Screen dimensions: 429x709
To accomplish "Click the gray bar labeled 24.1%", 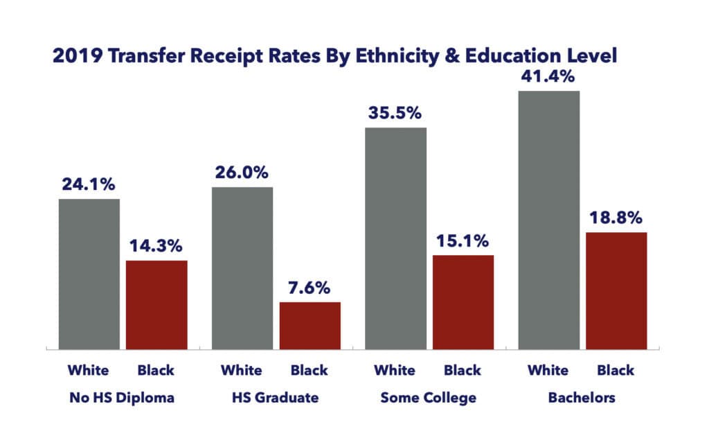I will (89, 274).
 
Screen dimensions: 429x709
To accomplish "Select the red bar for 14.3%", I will (156, 304).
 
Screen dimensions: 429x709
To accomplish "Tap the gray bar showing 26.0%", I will (242, 268).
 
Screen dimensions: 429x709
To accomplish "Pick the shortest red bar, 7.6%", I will (309, 325).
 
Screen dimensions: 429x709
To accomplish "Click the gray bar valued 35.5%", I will (395, 238).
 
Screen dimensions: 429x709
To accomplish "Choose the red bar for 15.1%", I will (463, 301).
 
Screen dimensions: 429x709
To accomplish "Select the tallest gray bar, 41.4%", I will (548, 219).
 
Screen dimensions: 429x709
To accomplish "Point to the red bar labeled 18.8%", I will (616, 290).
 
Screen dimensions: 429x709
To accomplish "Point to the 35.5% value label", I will (395, 113).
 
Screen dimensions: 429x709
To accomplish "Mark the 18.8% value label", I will (616, 218).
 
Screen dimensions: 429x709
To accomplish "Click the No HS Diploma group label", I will (122, 399).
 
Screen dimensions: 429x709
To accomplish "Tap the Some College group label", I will (429, 399).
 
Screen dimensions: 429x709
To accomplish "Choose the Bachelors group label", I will (582, 399).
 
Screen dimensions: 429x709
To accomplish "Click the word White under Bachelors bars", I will (548, 370).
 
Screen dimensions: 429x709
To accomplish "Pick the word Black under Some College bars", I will (463, 370).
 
